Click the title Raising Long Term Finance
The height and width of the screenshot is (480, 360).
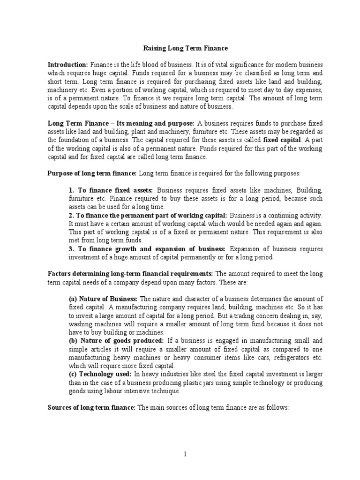click(x=185, y=48)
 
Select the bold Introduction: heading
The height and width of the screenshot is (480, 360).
click(x=68, y=64)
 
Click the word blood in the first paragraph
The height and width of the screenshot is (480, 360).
click(x=133, y=64)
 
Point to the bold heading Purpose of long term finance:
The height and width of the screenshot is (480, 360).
click(x=92, y=173)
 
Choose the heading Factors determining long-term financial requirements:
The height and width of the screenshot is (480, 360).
click(x=131, y=273)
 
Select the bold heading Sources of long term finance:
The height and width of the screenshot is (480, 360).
click(x=91, y=408)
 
